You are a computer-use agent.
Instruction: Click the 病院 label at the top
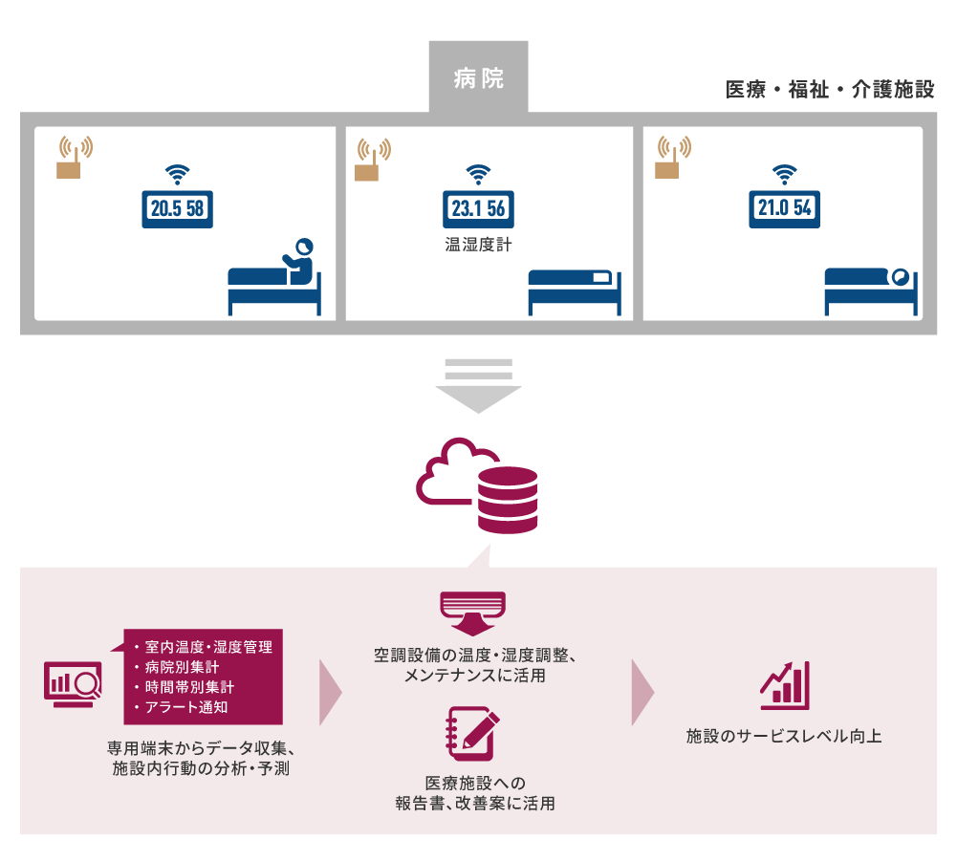tap(479, 78)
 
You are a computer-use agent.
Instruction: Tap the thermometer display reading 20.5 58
tap(177, 208)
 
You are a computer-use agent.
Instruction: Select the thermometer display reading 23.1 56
tap(478, 208)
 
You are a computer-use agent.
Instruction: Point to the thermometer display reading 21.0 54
tap(785, 208)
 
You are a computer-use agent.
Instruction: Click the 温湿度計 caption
tap(478, 245)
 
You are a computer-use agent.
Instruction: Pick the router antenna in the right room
tap(669, 158)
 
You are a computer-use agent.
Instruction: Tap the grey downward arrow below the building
tap(479, 386)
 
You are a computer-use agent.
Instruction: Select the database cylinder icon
tap(509, 500)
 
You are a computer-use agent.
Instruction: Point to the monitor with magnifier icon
tap(74, 683)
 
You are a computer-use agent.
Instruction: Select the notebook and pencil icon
tap(473, 732)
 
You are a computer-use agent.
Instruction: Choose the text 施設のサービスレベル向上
tap(784, 737)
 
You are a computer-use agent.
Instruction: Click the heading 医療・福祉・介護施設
tap(830, 91)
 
